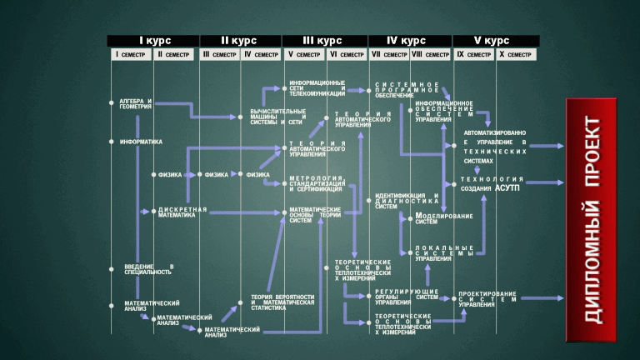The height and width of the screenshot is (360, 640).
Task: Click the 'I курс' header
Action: [x=153, y=41]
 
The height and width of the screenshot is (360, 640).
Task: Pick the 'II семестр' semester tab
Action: [x=173, y=55]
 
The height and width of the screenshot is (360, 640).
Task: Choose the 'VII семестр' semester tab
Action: [x=388, y=55]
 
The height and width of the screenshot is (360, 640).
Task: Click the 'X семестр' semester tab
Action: [x=515, y=55]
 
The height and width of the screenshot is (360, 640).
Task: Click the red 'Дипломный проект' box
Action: [x=591, y=220]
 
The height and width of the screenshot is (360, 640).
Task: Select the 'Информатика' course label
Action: [x=140, y=142]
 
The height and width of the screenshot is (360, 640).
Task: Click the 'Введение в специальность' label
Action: [x=149, y=269]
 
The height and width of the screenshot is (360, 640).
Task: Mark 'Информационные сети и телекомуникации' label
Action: [x=317, y=89]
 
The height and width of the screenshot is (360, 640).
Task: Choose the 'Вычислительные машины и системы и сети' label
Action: [x=277, y=117]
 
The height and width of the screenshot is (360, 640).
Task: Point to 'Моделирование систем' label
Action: [x=444, y=219]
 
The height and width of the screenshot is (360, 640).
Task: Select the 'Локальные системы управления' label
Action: [x=444, y=253]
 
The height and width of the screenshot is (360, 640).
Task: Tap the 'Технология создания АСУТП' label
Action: [x=492, y=183]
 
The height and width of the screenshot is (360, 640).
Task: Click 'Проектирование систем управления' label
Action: [x=487, y=299]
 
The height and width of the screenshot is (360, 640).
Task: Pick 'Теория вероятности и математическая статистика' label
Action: [x=282, y=302]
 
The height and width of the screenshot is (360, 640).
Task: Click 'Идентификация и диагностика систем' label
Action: [x=407, y=201]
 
